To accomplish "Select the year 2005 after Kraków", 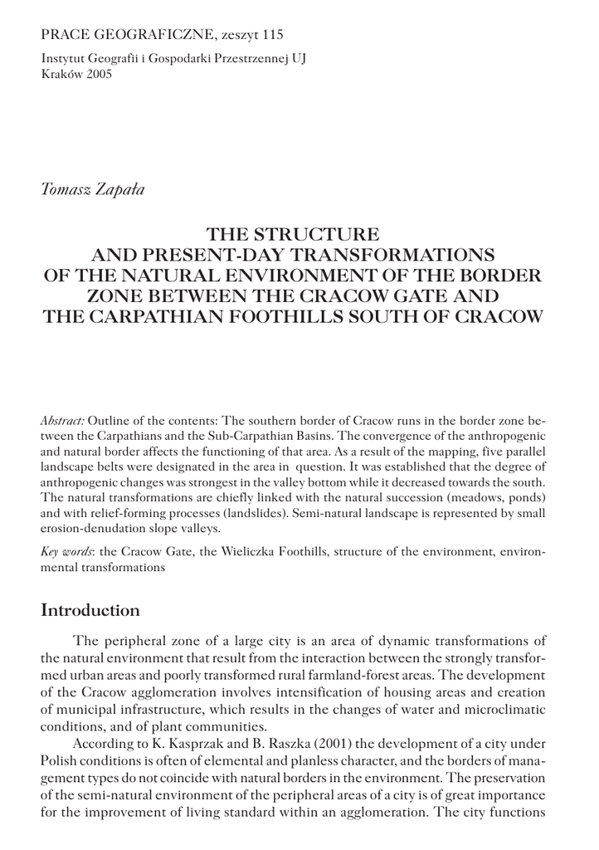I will click(95, 73).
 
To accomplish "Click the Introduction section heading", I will click(90, 611).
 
